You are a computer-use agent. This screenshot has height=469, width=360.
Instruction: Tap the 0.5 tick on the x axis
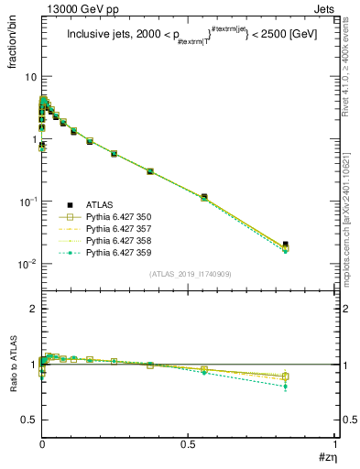coord(188,448)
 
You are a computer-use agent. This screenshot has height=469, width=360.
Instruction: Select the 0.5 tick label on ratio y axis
coord(27,420)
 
